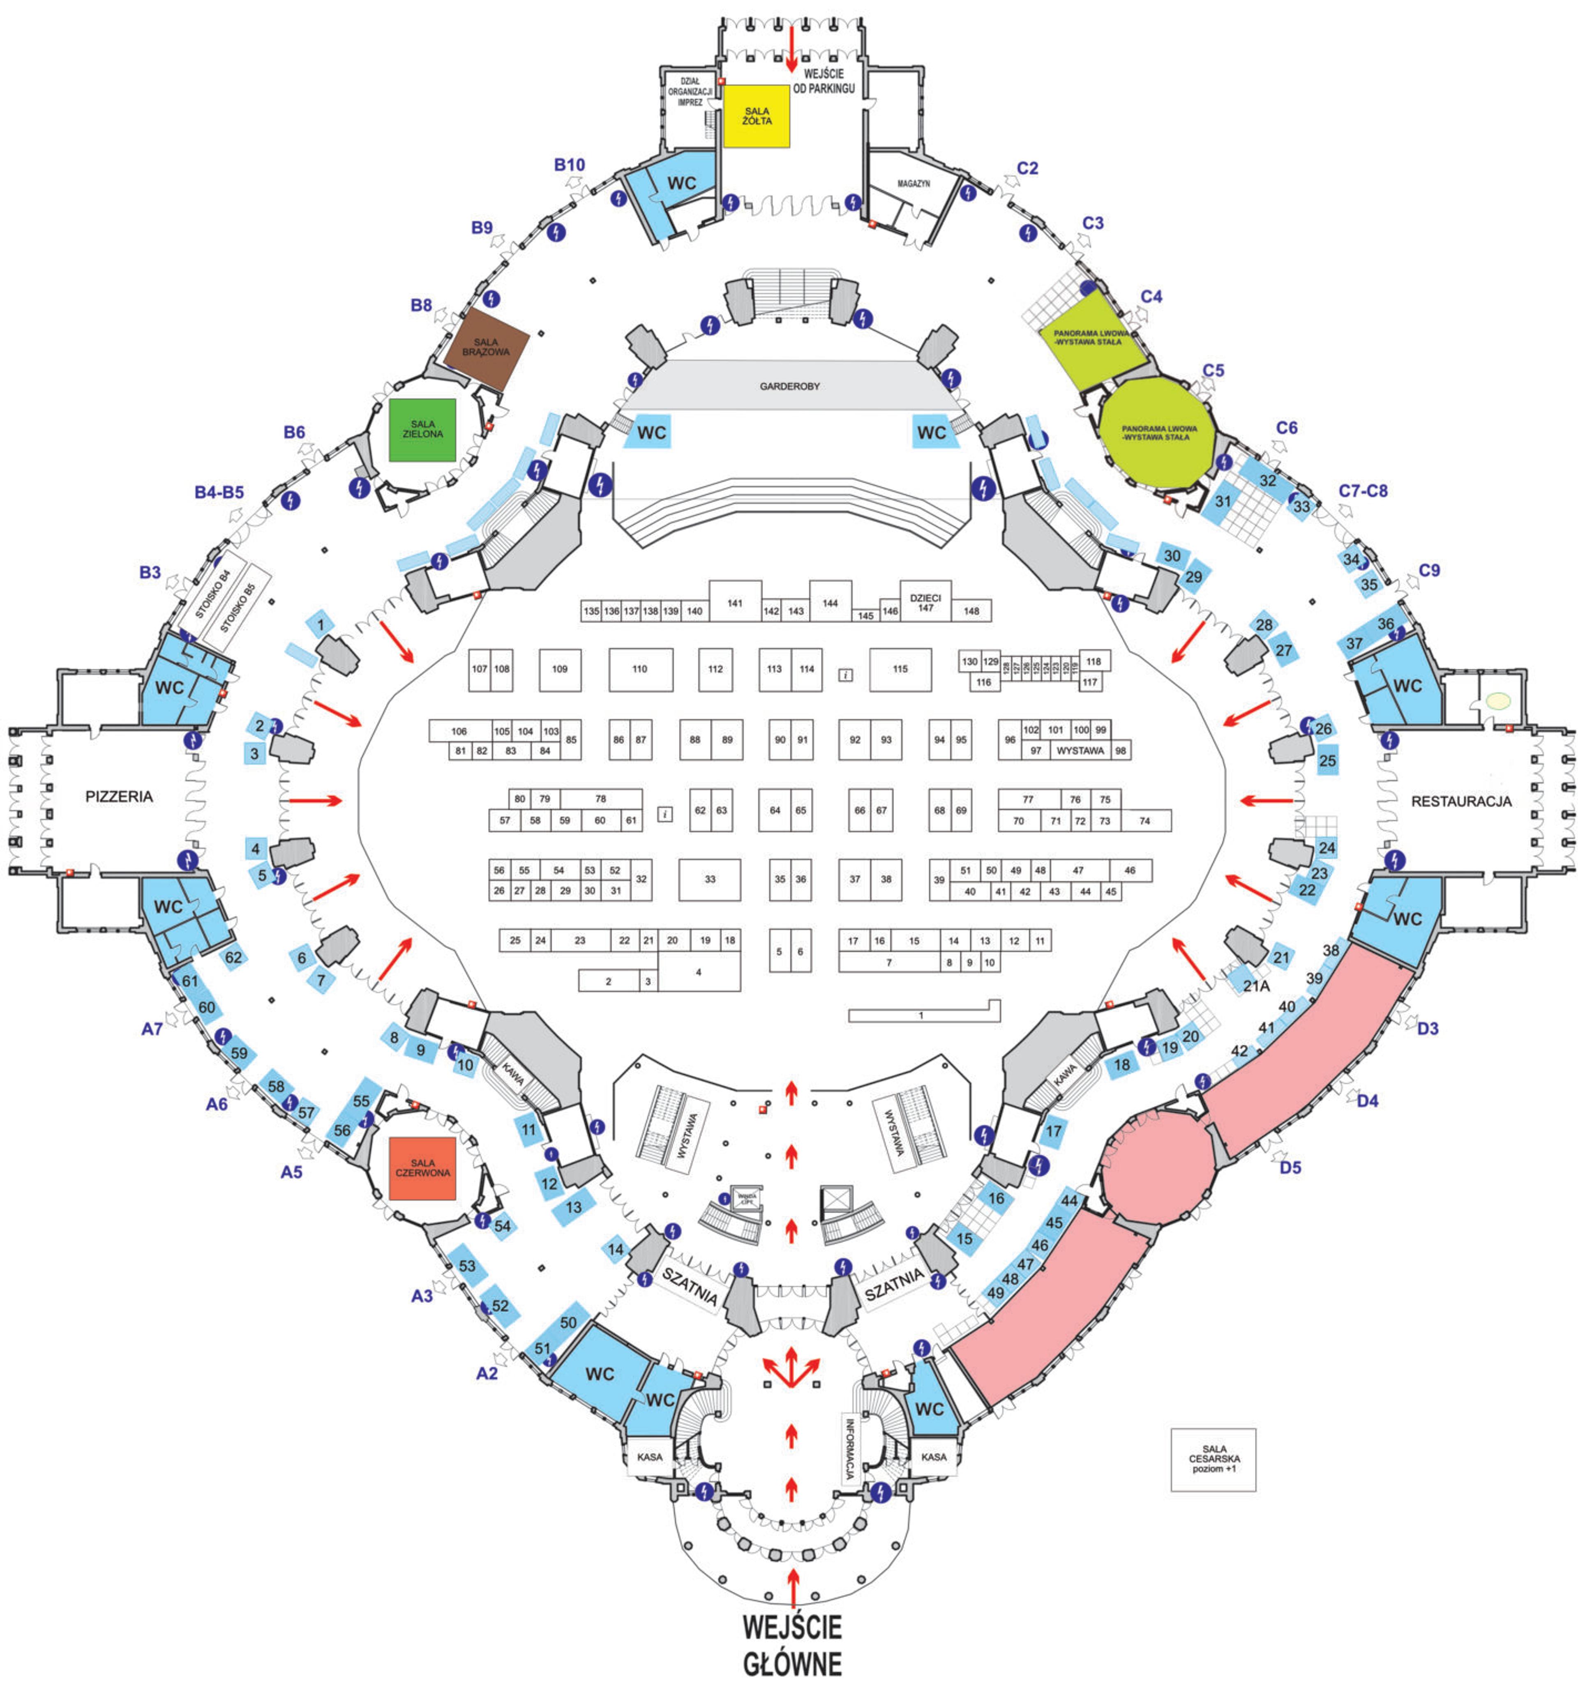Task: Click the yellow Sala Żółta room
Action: tap(757, 116)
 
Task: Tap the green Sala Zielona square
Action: tap(423, 429)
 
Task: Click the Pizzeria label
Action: tap(120, 797)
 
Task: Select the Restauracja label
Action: tap(1461, 801)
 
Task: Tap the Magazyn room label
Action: tap(914, 184)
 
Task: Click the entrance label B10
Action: tap(570, 165)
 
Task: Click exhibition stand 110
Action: tap(640, 669)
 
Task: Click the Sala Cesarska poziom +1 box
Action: tap(1213, 1459)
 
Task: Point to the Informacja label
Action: tap(850, 1448)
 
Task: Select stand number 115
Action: tap(900, 669)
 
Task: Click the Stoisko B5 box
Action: tap(238, 607)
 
